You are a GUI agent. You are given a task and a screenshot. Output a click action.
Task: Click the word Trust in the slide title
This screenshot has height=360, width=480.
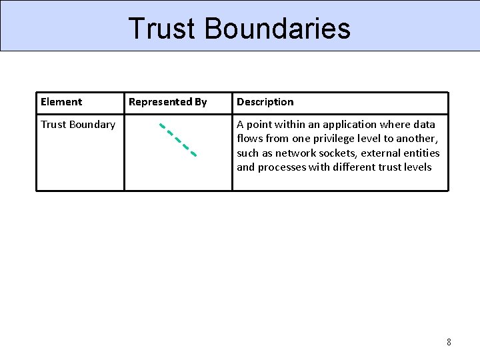[x=163, y=29]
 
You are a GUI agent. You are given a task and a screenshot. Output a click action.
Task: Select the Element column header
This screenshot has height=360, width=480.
[x=61, y=102]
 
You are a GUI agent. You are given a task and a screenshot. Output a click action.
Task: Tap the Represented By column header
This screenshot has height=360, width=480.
[x=168, y=102]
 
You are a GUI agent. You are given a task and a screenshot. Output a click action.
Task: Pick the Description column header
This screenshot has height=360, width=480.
[x=265, y=102]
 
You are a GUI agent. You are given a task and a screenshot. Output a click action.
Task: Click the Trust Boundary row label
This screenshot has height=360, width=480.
[x=78, y=125]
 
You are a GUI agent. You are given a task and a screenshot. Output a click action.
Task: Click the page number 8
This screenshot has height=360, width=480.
[x=449, y=342]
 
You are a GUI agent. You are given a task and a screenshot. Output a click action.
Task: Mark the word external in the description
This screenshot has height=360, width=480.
[x=383, y=153]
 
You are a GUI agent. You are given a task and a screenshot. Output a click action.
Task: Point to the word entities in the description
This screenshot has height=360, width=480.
[x=422, y=153]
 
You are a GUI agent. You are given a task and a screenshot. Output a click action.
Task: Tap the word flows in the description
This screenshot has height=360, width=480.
[x=250, y=139]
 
